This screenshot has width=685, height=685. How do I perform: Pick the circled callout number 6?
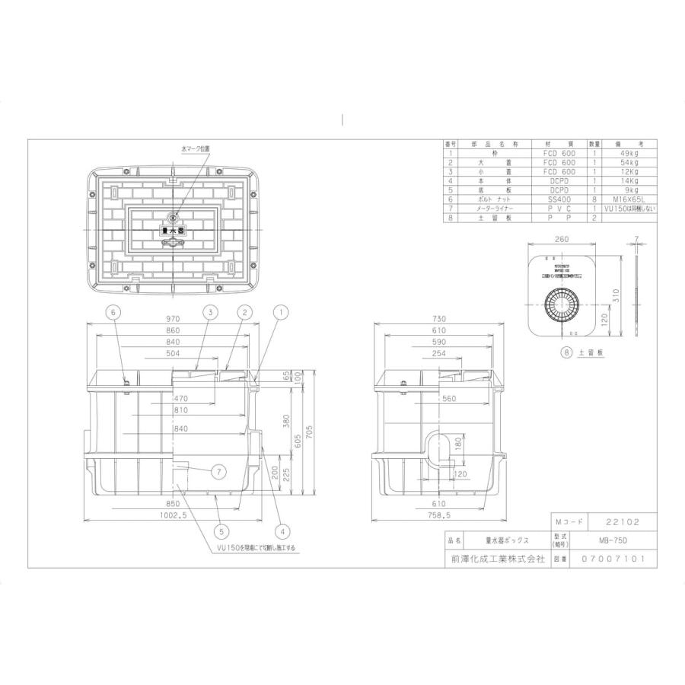(113, 311)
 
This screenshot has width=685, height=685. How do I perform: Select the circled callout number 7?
(218, 473)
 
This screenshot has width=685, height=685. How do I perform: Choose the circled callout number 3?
(210, 311)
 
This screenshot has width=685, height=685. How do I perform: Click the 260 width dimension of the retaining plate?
(562, 239)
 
